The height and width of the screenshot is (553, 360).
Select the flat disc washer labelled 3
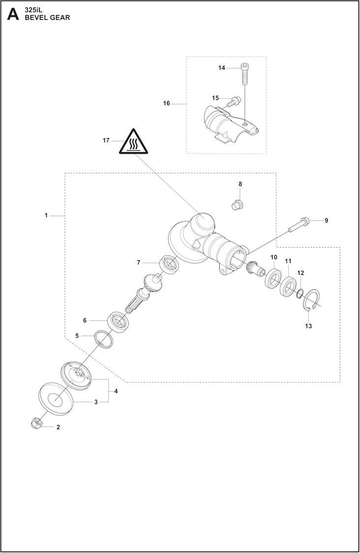tap(56, 397)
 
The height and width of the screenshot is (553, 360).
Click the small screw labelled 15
tap(234, 101)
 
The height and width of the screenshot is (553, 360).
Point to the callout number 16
tap(166, 103)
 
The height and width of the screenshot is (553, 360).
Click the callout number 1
tap(46, 215)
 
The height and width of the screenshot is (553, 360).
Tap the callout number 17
tap(106, 140)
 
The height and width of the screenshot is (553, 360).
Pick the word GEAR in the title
tap(60, 17)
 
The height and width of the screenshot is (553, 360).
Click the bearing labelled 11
tap(288, 286)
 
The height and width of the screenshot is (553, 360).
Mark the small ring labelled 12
tap(299, 294)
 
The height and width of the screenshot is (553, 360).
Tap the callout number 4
tap(116, 391)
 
